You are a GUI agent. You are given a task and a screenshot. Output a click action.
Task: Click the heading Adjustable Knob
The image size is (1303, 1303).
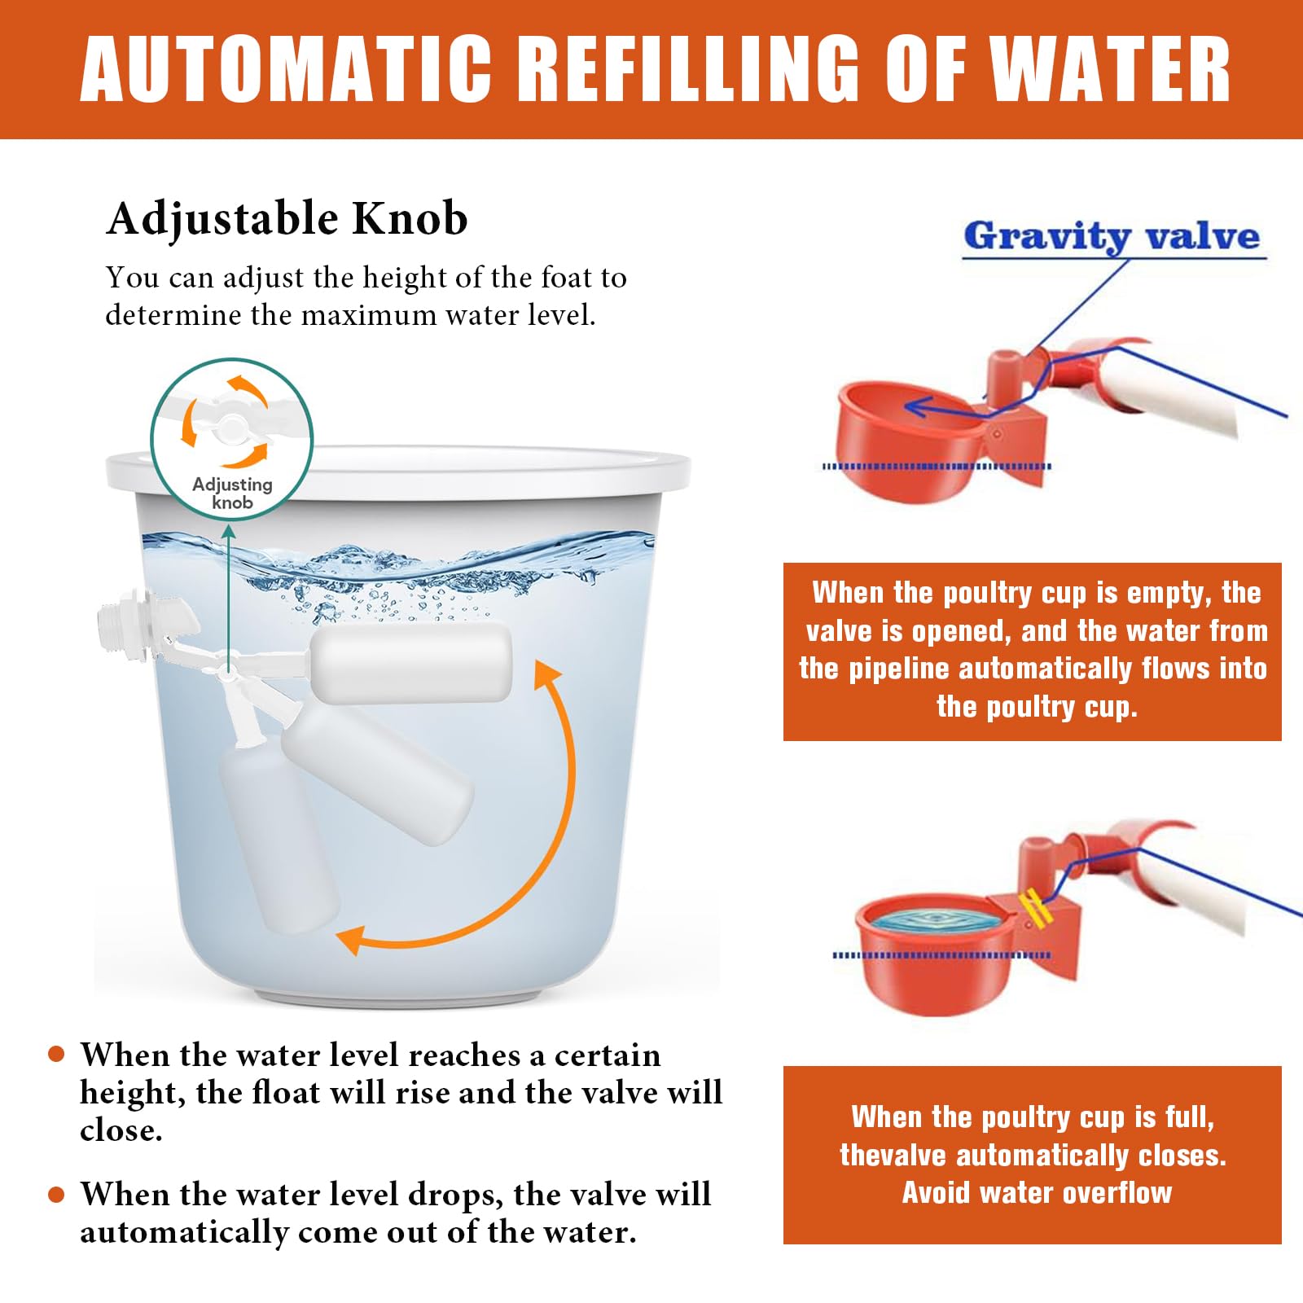287,219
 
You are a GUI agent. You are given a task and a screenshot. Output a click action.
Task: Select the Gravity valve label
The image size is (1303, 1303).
1112,236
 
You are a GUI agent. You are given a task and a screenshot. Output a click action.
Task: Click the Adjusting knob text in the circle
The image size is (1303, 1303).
232,494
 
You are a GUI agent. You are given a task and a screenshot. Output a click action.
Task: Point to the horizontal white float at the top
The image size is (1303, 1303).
411,663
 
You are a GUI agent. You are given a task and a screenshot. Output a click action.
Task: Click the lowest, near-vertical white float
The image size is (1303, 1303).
279,839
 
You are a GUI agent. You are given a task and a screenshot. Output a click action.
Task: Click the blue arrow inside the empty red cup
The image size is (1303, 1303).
949,407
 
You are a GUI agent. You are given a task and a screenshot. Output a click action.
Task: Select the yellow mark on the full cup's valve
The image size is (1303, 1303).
1033,907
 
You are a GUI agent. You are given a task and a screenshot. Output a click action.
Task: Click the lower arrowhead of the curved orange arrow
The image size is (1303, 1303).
352,939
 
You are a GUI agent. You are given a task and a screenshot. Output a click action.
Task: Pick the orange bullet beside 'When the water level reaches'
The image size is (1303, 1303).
56,1054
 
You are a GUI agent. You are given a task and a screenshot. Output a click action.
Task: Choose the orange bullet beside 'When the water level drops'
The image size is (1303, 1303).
56,1195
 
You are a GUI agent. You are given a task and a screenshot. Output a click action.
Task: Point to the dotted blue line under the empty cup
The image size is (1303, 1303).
937,467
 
